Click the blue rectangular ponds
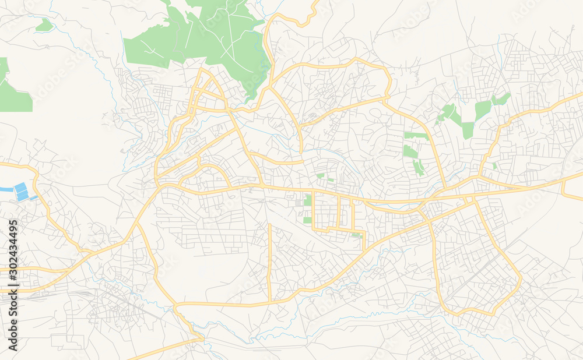pyautogui.click(x=22, y=192)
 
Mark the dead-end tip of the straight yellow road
pyautogui.click(x=269, y=225)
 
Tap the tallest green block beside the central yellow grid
pyautogui.click(x=307, y=200)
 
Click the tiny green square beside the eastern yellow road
pyautogui.click(x=495, y=166)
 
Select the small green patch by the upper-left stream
pyautogui.click(x=44, y=25)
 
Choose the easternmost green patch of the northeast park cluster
pyautogui.click(x=501, y=99)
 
